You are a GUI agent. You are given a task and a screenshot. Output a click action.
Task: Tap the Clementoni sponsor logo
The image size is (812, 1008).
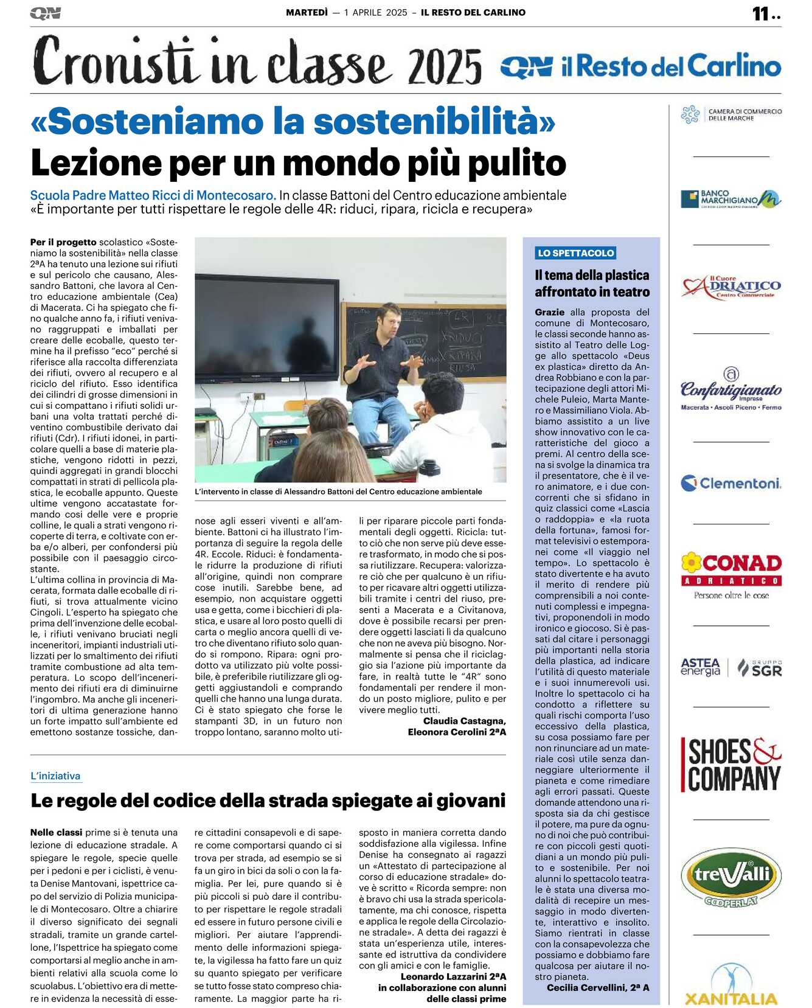click(x=730, y=484)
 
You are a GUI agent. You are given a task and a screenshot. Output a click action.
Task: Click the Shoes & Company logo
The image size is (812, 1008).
click(x=730, y=765)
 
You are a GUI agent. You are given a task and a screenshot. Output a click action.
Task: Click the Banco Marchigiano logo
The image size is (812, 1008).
click(x=730, y=199)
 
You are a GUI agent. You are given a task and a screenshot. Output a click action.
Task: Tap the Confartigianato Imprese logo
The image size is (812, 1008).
click(x=730, y=389)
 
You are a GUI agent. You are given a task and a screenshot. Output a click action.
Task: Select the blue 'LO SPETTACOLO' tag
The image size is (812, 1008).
click(x=575, y=253)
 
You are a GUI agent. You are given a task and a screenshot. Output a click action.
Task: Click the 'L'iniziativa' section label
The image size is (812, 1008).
click(x=55, y=776)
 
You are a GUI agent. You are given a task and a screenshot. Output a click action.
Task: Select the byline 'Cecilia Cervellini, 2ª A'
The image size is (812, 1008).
click(x=598, y=987)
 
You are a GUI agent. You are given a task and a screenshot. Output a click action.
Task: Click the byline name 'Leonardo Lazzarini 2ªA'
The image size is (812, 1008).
click(x=453, y=976)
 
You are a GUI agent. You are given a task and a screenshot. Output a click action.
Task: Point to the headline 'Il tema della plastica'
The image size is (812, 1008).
click(x=592, y=275)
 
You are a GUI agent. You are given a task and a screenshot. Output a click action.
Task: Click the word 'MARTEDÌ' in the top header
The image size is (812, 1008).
click(x=307, y=12)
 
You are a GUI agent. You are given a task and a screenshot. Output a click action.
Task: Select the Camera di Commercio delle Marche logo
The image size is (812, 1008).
click(x=730, y=114)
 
